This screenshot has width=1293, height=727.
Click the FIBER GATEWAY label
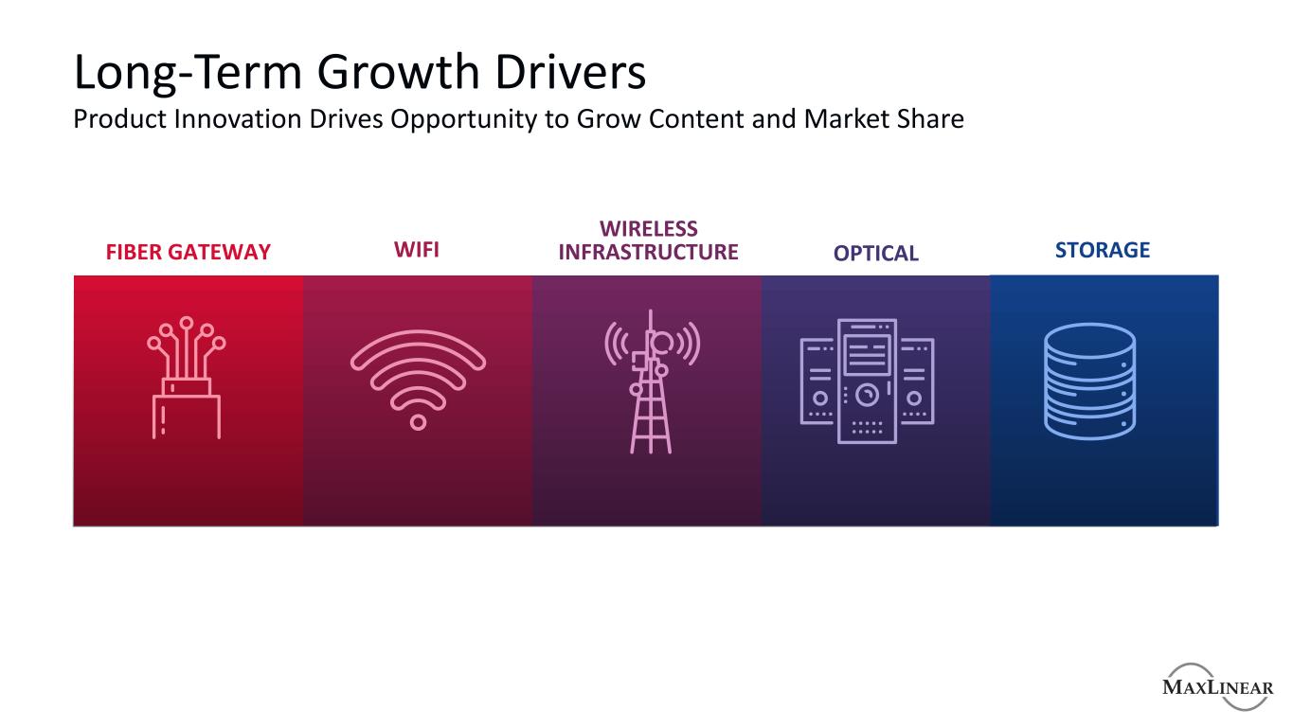tap(189, 252)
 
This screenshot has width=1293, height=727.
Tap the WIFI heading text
tap(417, 250)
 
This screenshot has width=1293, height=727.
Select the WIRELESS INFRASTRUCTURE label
tap(648, 240)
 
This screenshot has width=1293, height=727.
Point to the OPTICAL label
tap(875, 254)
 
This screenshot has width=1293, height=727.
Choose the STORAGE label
tap(1103, 250)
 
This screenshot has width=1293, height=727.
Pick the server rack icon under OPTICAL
tap(867, 381)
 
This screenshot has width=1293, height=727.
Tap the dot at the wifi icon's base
tap(418, 423)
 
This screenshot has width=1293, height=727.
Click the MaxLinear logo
tap(1217, 686)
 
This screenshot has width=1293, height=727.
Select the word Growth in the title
tap(398, 73)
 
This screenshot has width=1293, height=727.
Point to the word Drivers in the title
tap(570, 72)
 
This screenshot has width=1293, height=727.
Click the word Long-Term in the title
tap(189, 73)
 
